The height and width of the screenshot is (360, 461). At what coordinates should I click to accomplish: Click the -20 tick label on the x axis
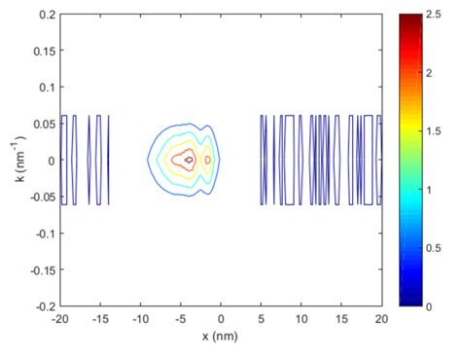click(x=58, y=319)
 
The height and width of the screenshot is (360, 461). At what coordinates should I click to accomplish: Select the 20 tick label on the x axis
click(x=381, y=319)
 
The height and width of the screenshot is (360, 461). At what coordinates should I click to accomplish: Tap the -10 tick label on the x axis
click(x=139, y=319)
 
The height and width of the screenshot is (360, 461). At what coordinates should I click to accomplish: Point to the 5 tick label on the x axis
click(x=261, y=319)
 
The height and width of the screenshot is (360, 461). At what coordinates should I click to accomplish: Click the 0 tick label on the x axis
click(x=221, y=319)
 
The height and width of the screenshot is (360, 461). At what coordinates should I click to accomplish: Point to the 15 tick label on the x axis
click(x=341, y=319)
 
